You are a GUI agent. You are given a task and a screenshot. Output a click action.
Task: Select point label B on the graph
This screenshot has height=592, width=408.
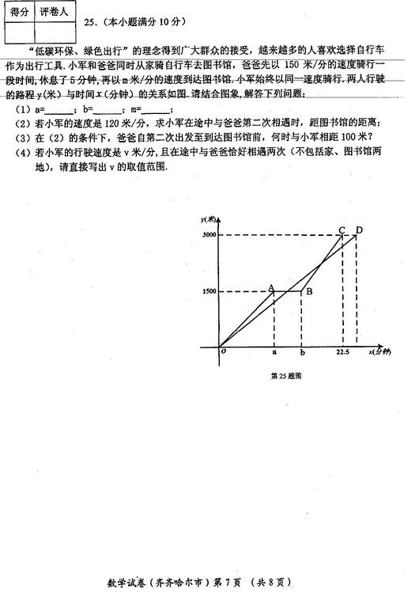(x=309, y=291)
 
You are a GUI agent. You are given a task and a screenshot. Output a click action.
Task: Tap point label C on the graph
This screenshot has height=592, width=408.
(x=342, y=230)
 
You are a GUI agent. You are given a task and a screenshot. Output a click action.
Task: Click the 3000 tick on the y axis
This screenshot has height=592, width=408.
(x=209, y=235)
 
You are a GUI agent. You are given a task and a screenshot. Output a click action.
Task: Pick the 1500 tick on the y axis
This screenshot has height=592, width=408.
(x=209, y=291)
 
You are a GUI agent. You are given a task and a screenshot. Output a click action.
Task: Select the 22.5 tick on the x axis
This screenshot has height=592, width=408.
(x=342, y=351)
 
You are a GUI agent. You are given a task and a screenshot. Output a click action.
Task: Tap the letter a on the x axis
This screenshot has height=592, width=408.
(x=274, y=351)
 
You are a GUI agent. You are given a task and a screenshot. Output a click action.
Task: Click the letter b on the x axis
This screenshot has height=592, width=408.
(x=302, y=351)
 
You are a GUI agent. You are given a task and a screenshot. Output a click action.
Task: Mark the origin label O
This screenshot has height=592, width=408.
(x=224, y=351)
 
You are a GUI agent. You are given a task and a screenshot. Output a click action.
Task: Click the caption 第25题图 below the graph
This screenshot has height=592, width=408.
(x=285, y=376)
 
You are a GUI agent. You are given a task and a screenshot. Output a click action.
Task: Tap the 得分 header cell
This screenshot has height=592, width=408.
(x=19, y=13)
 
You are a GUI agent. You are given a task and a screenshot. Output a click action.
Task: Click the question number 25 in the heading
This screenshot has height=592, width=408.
(x=89, y=25)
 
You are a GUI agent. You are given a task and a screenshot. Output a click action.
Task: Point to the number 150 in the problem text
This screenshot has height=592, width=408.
(x=291, y=63)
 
